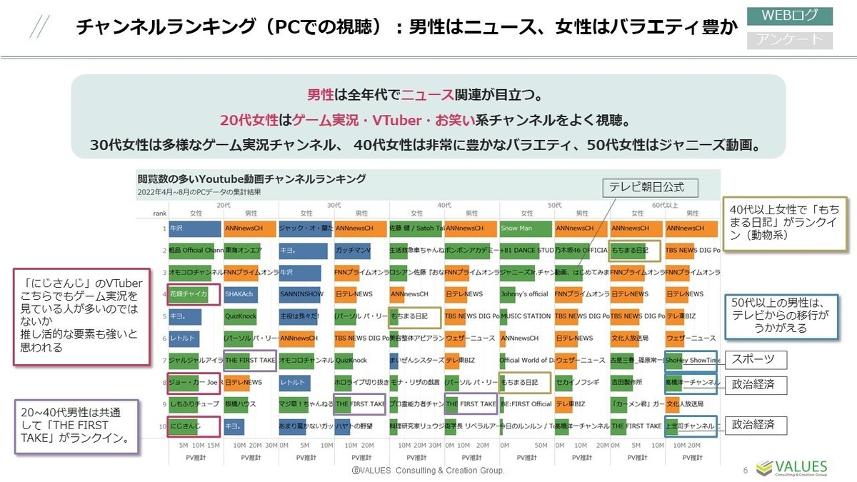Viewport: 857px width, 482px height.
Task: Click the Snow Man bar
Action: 526,229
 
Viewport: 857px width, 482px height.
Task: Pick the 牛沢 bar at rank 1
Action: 194,229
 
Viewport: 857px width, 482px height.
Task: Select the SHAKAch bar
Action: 241,294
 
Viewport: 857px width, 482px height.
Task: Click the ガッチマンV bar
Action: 352,251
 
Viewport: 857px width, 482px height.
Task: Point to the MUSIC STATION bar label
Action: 526,316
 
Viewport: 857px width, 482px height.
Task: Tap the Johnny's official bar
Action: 526,294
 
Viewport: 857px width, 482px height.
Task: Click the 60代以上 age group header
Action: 664,204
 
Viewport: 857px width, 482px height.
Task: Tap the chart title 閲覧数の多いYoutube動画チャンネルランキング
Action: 251,179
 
